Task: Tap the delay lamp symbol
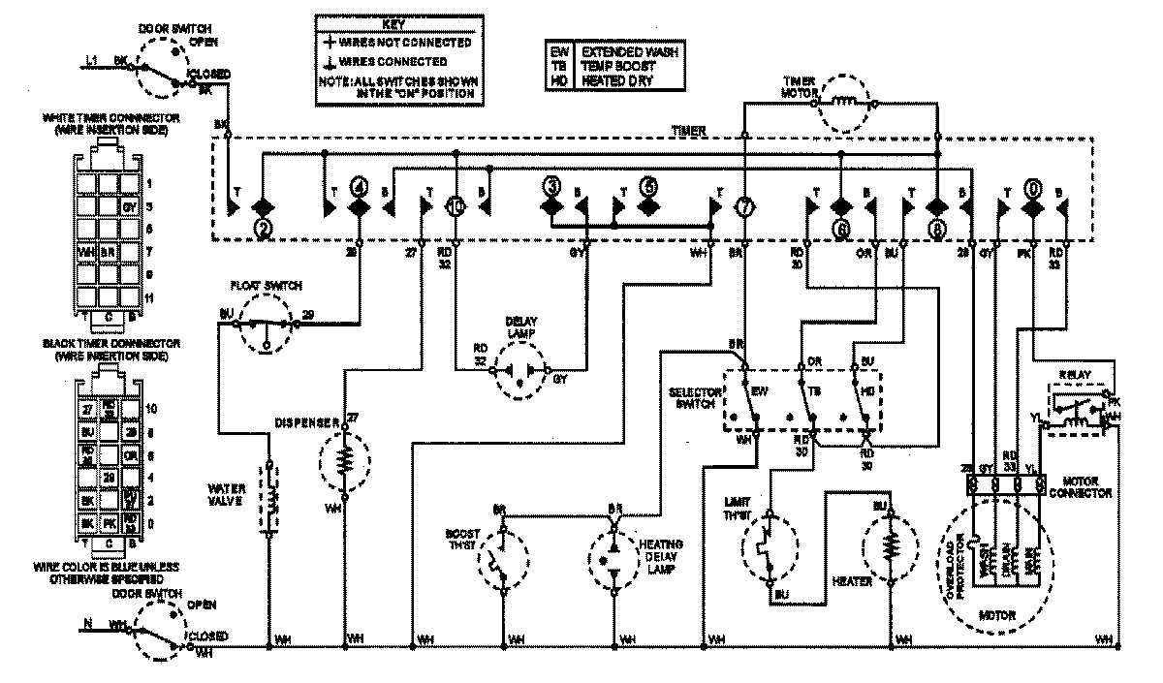(x=523, y=369)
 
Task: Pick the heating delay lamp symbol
(x=613, y=560)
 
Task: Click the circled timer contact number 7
(x=744, y=206)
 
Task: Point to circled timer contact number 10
(x=457, y=206)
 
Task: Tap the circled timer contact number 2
(x=262, y=229)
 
